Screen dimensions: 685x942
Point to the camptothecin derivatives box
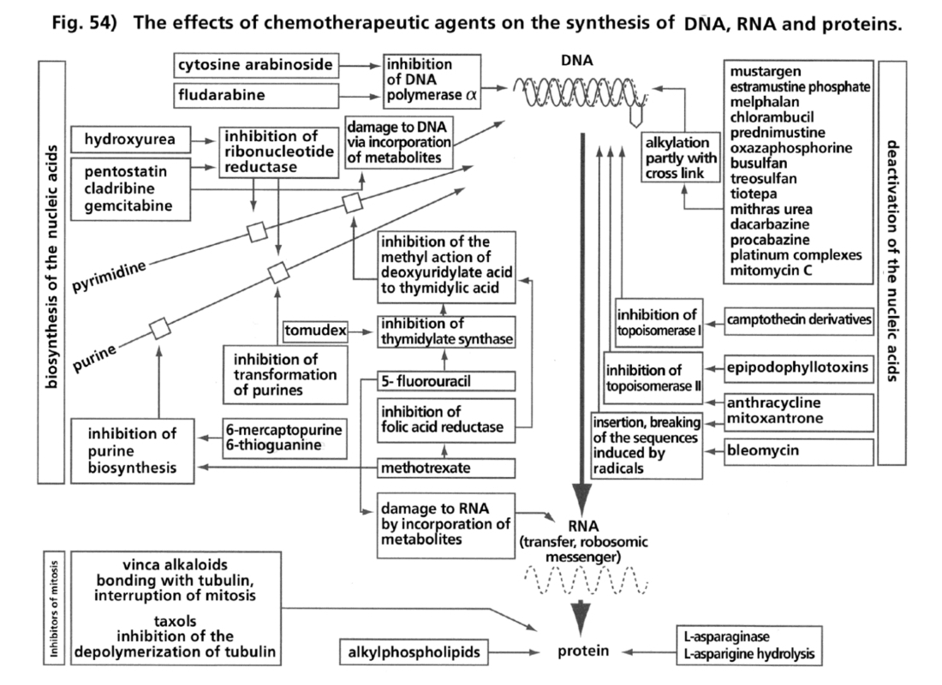(798, 320)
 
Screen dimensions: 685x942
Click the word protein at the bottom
(583, 652)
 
